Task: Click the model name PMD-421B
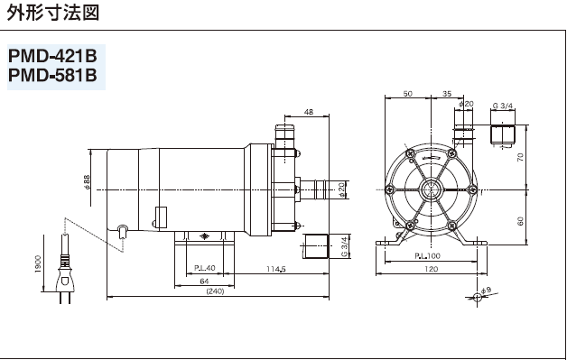pyautogui.click(x=51, y=56)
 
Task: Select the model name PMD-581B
pyautogui.click(x=51, y=76)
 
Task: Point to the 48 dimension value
pyautogui.click(x=309, y=112)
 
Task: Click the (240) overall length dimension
pyautogui.click(x=215, y=291)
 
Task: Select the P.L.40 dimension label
pyautogui.click(x=203, y=269)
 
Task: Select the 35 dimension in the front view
pyautogui.click(x=448, y=93)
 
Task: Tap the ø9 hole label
pyautogui.click(x=485, y=290)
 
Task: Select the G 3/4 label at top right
pyautogui.click(x=503, y=106)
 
